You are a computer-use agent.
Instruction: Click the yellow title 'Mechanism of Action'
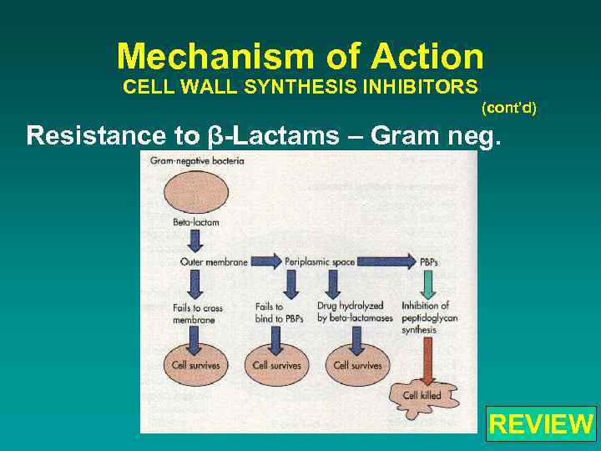300,57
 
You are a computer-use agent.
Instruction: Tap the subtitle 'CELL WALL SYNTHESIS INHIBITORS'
300,87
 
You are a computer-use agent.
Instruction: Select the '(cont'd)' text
509,108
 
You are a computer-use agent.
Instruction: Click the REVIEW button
541,423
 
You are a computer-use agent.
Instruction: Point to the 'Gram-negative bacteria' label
197,160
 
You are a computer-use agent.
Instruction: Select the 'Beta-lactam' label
196,223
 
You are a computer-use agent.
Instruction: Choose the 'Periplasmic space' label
320,262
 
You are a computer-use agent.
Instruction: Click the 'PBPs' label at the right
429,262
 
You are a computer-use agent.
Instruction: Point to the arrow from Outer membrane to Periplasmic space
267,262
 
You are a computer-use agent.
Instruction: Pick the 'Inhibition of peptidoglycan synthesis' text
425,317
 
